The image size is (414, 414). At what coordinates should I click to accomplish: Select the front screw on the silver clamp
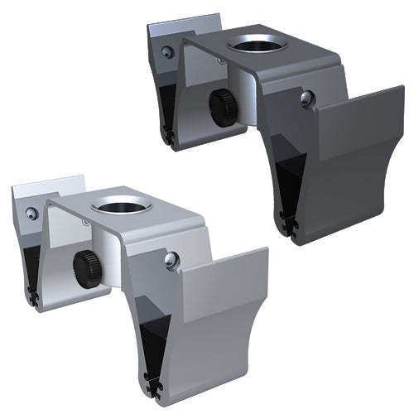[171, 261]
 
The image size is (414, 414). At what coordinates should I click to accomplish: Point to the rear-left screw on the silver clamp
[32, 213]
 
